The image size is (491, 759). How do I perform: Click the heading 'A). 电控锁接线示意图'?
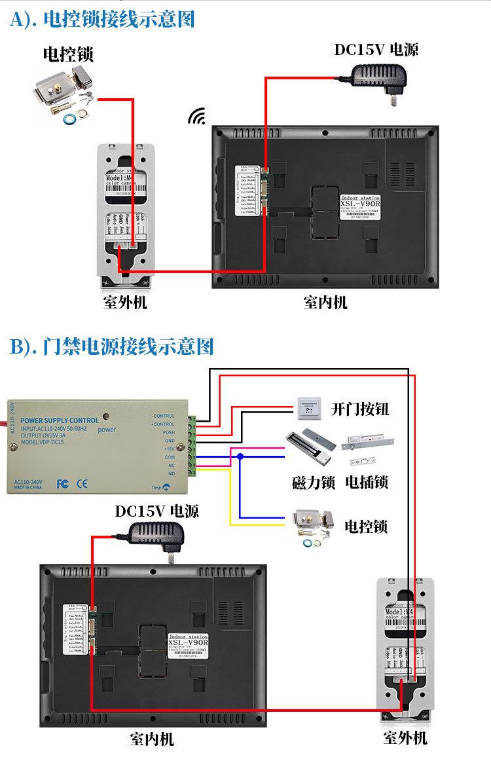tap(103, 19)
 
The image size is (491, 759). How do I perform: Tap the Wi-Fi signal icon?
tap(196, 117)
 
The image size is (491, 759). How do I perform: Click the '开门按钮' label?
tap(359, 409)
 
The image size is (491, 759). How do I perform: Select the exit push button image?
tap(310, 409)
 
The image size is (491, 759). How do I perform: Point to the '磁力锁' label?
tap(313, 483)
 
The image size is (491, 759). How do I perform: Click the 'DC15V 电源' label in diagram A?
tap(376, 50)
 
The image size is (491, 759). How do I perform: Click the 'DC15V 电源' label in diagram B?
tap(157, 510)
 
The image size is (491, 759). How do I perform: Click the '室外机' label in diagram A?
tap(125, 303)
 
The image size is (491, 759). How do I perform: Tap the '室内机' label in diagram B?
tap(152, 739)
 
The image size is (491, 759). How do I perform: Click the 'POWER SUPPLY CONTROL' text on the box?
tap(60, 420)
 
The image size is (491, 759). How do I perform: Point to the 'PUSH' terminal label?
tap(168, 433)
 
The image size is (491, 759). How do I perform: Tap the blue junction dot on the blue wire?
tap(240, 456)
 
